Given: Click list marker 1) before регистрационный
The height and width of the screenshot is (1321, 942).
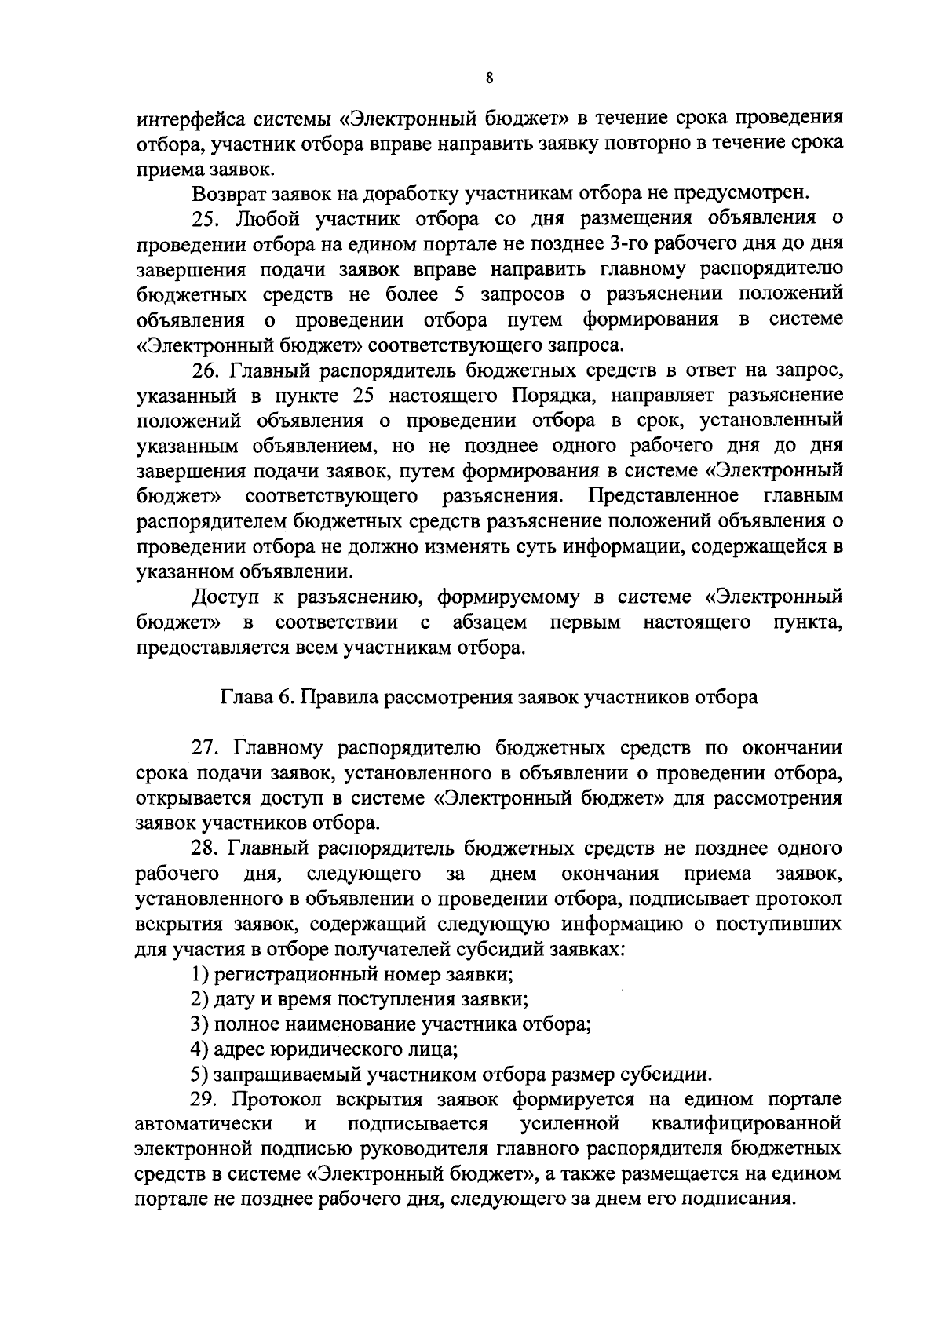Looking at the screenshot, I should pyautogui.click(x=199, y=975).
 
